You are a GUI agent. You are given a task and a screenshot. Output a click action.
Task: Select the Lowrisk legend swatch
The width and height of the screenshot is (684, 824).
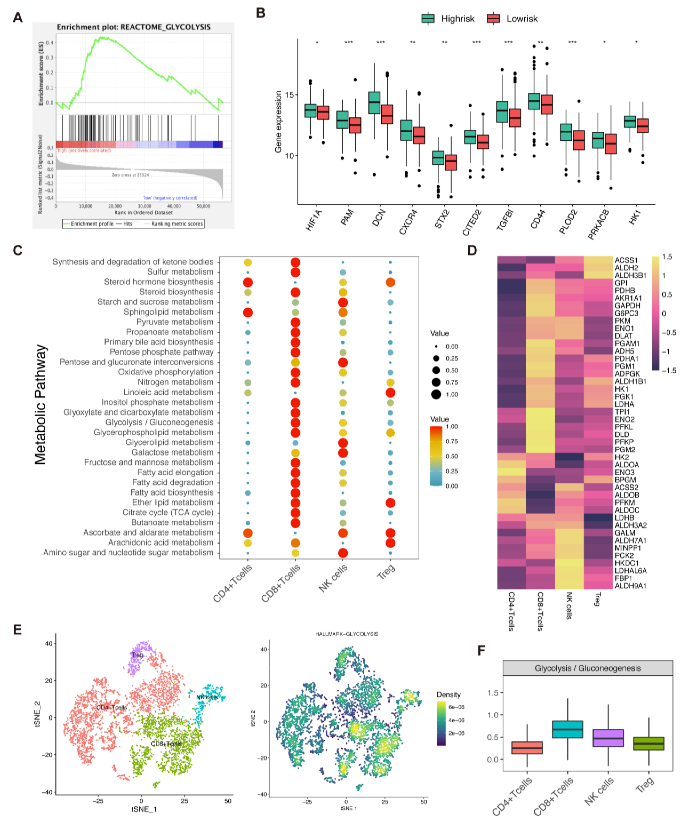(493, 18)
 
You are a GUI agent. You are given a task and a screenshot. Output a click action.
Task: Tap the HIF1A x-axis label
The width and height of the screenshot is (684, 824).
(313, 220)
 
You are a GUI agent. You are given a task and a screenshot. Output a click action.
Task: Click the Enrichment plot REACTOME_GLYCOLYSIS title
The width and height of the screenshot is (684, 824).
(133, 27)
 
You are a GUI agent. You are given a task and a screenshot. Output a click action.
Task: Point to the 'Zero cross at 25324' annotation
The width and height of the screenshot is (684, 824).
(130, 175)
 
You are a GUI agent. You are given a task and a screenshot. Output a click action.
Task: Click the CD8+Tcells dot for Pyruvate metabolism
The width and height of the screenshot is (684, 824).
(295, 323)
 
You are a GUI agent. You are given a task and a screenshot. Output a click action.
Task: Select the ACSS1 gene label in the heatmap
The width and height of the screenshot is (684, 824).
(626, 260)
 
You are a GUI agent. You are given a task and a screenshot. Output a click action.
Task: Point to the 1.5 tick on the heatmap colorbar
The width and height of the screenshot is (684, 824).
(667, 257)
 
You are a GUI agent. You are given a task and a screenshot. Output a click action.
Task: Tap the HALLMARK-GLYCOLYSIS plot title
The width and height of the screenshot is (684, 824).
(346, 634)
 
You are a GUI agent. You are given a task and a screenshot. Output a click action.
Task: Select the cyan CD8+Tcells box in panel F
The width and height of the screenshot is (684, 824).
(567, 729)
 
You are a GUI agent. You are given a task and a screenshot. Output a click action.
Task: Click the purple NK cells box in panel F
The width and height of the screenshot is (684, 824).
(608, 738)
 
